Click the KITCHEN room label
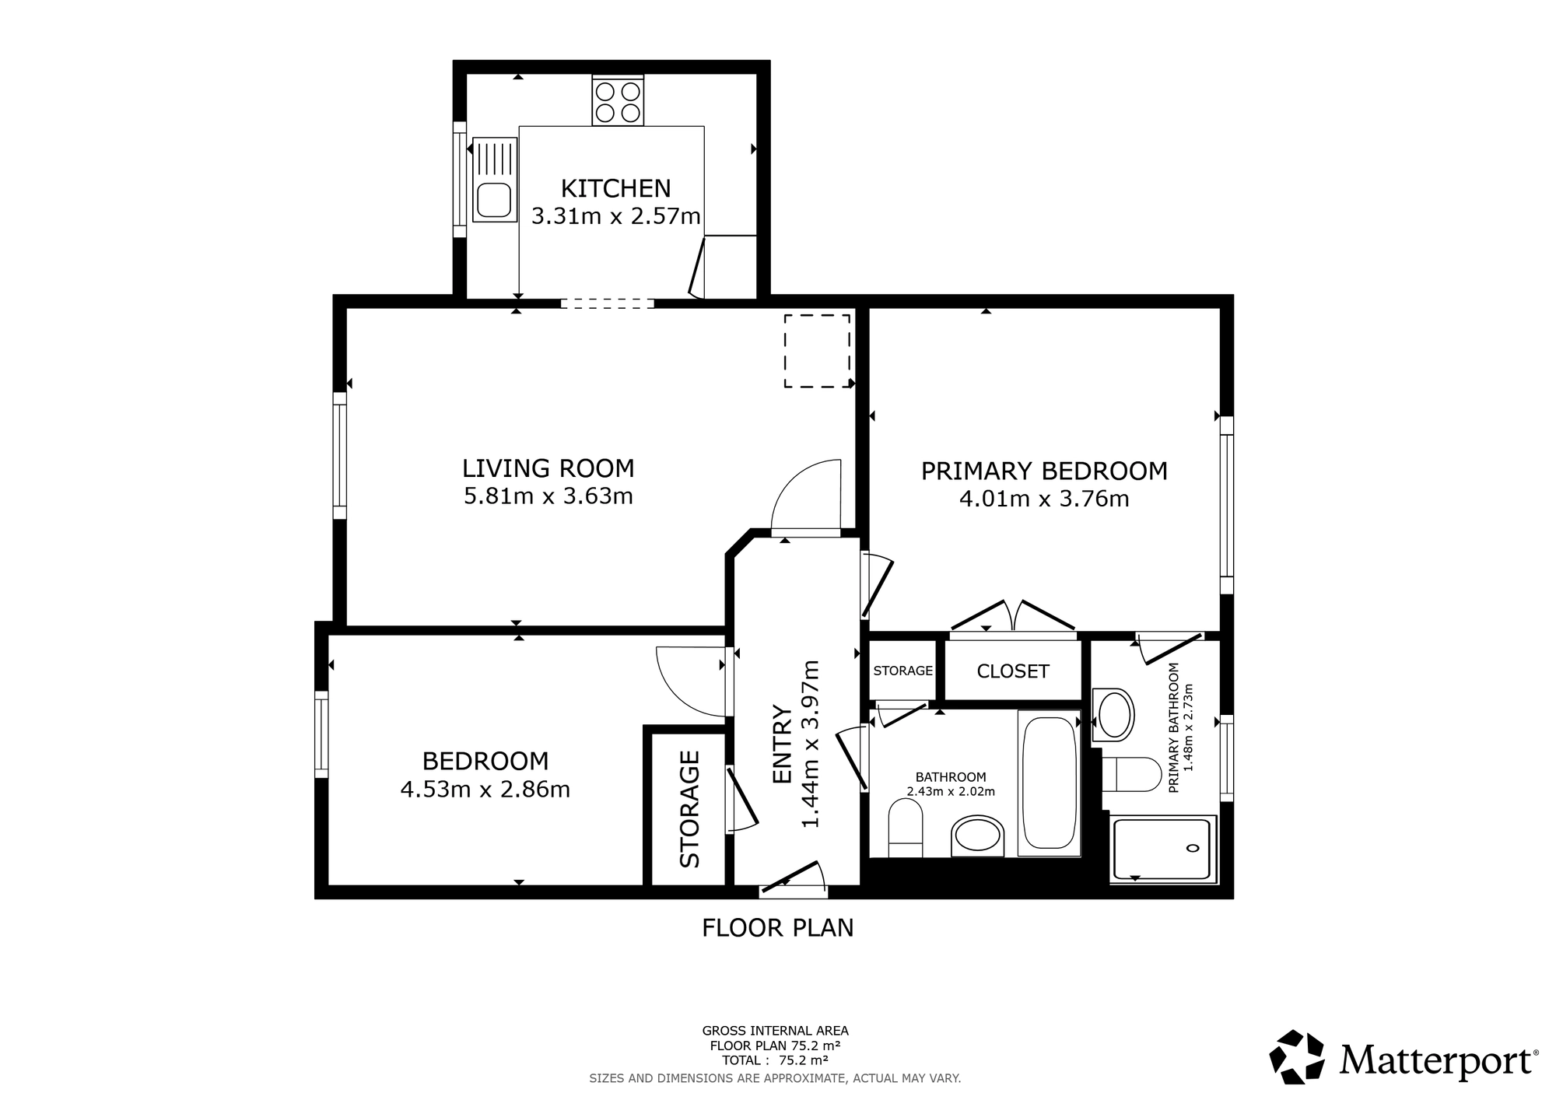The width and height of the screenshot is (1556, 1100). (x=615, y=188)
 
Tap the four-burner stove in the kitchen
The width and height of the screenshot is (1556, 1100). (x=618, y=101)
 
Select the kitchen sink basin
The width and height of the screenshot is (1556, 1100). (x=494, y=200)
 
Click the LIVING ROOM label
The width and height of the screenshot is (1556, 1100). (x=548, y=468)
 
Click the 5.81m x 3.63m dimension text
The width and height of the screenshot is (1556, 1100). (x=548, y=496)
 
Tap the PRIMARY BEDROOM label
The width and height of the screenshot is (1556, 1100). (x=1044, y=471)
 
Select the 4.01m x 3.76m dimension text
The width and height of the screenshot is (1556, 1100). (x=1044, y=499)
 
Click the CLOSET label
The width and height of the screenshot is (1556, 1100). (x=1013, y=671)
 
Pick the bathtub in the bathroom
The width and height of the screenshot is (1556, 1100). (x=1049, y=783)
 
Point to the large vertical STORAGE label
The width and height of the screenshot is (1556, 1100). (x=690, y=809)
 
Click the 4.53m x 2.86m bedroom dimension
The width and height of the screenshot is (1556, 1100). (x=485, y=790)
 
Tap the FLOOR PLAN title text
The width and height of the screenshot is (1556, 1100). (x=778, y=928)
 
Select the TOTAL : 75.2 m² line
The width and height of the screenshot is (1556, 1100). (x=775, y=1060)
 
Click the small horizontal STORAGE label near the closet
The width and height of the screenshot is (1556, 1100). (x=903, y=671)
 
